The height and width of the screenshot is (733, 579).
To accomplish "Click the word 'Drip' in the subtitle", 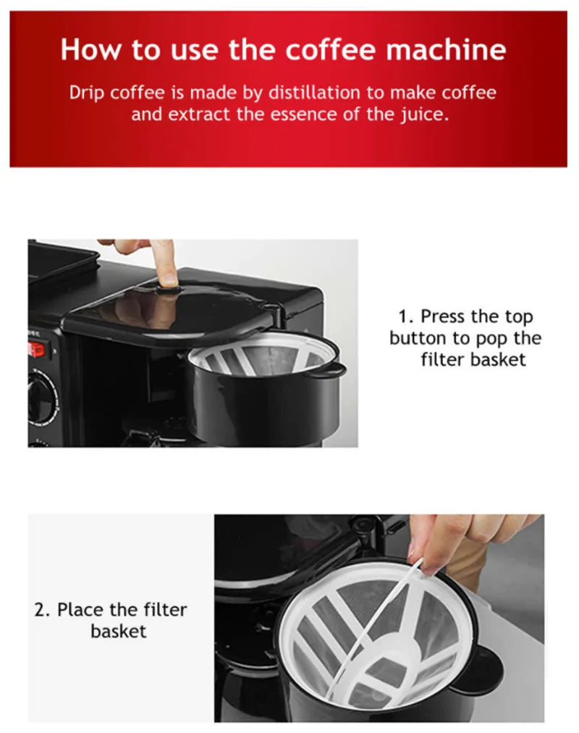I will coord(87,93).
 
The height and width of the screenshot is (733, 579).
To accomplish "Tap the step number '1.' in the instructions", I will coord(406,317).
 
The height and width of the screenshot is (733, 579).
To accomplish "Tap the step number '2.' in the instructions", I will coord(43,609).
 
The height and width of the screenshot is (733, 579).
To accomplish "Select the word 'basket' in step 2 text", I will coord(119,631).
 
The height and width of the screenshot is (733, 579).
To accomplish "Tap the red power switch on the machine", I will coord(35,349).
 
